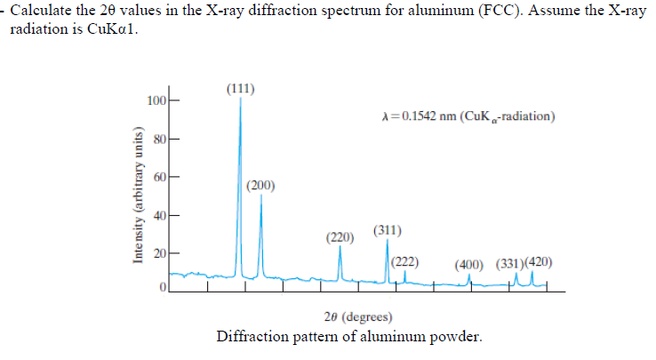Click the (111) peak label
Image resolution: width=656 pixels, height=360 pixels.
pos(241,88)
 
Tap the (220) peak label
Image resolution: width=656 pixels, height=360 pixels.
pos(340,237)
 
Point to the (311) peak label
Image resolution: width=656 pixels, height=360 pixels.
pos(388,230)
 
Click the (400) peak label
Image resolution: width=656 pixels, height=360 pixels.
pos(469,264)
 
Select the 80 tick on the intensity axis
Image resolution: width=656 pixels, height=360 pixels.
pos(158,140)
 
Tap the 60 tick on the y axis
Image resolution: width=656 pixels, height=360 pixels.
pos(158,178)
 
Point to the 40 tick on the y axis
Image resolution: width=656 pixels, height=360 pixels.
pos(158,216)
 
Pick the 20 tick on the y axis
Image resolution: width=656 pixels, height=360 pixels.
pos(158,254)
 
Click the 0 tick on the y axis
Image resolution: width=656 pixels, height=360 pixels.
pos(162,290)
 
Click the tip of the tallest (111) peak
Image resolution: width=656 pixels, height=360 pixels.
pos(240,100)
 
